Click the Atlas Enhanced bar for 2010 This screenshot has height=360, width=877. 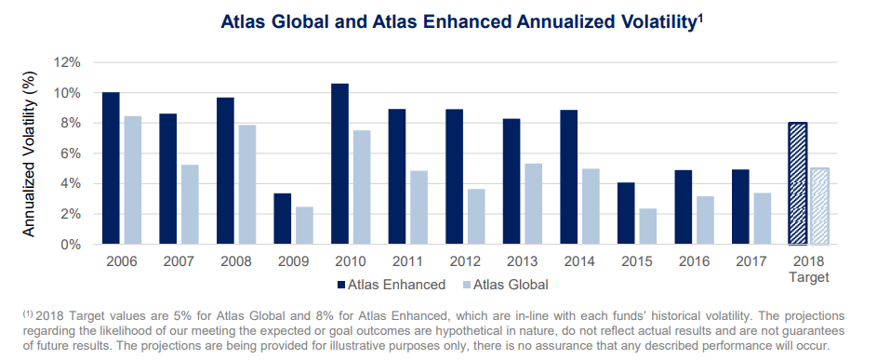click(x=339, y=164)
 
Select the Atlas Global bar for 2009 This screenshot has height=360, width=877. click(x=304, y=226)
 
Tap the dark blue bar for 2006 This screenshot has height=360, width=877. click(x=111, y=168)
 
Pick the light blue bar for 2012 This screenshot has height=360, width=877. click(x=476, y=217)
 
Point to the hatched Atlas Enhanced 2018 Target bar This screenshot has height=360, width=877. click(x=798, y=183)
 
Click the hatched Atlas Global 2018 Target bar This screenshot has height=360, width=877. click(x=820, y=206)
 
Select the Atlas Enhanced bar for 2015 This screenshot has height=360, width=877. click(x=627, y=213)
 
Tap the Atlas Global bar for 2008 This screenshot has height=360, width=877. click(x=247, y=185)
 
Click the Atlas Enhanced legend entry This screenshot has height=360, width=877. click(x=392, y=285)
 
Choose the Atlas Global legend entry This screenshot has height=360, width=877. click(x=506, y=285)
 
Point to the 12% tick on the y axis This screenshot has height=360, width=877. click(x=67, y=62)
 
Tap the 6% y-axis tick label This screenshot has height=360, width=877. click(x=71, y=153)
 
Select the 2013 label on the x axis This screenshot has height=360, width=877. click(x=523, y=261)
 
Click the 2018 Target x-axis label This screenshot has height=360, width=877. click(x=809, y=269)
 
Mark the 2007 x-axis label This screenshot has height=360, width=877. click(x=179, y=261)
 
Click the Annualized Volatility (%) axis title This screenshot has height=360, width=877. click(x=29, y=154)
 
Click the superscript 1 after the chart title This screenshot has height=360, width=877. click(x=699, y=17)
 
